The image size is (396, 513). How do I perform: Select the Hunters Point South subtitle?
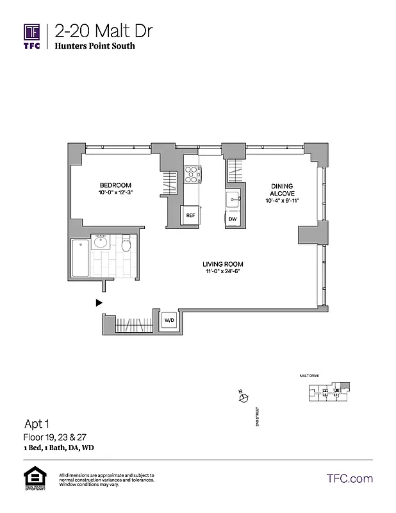(x=95, y=46)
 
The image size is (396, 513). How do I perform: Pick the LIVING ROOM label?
(x=223, y=264)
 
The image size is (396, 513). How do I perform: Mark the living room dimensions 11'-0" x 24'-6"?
(x=223, y=272)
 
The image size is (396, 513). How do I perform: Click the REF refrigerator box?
(x=190, y=216)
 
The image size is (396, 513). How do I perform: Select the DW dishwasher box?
(x=233, y=219)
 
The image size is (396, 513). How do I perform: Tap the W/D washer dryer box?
(x=169, y=320)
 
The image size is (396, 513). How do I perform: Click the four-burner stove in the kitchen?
(x=193, y=174)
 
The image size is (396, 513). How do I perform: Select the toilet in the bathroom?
(x=126, y=244)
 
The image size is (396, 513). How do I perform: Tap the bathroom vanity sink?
(x=101, y=242)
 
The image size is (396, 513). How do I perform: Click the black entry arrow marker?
(x=99, y=302)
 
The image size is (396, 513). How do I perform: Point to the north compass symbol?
(x=243, y=398)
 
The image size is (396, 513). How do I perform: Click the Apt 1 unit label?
(x=38, y=424)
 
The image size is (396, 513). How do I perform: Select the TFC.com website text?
(x=349, y=478)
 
